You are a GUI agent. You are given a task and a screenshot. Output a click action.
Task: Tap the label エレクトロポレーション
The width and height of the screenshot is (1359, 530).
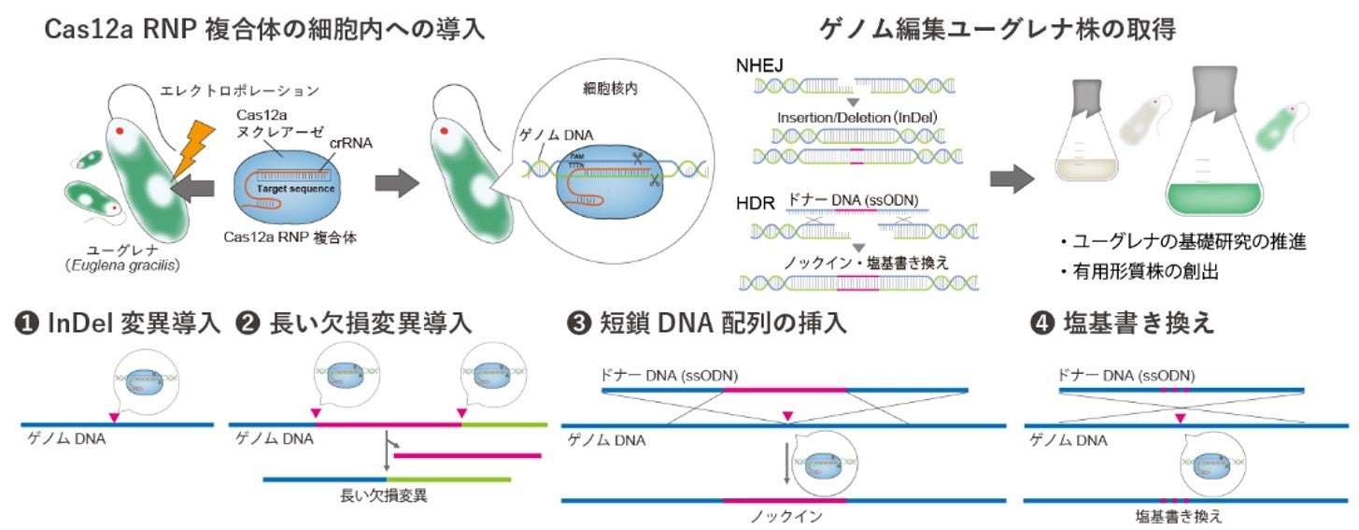252,92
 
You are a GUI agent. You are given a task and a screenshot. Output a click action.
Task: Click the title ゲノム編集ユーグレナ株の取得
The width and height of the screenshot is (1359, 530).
997,29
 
